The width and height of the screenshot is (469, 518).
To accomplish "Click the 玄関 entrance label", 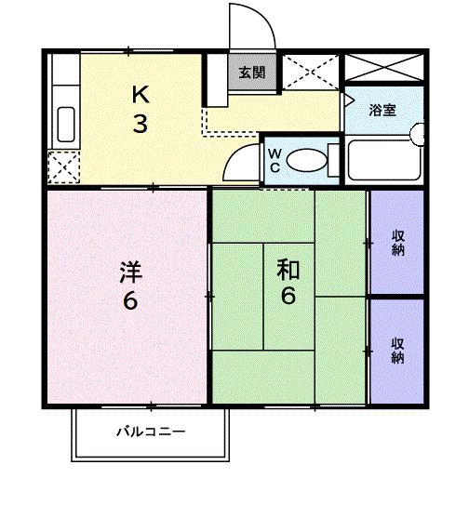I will click(x=251, y=73).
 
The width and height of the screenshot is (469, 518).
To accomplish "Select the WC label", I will click(x=276, y=160).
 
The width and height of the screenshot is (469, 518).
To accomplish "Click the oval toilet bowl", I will click(x=308, y=161).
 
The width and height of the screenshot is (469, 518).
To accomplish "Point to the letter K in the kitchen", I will click(x=139, y=94).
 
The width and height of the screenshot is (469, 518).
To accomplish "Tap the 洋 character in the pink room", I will click(x=130, y=272).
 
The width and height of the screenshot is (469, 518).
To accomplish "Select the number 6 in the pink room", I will click(x=130, y=302).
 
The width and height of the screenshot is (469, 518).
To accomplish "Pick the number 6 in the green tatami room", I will click(x=288, y=298).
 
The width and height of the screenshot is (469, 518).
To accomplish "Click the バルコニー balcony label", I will click(x=151, y=432).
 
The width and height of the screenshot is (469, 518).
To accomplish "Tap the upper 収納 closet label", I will click(x=397, y=242).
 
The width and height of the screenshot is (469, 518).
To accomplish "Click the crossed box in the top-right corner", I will click(x=383, y=67).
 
